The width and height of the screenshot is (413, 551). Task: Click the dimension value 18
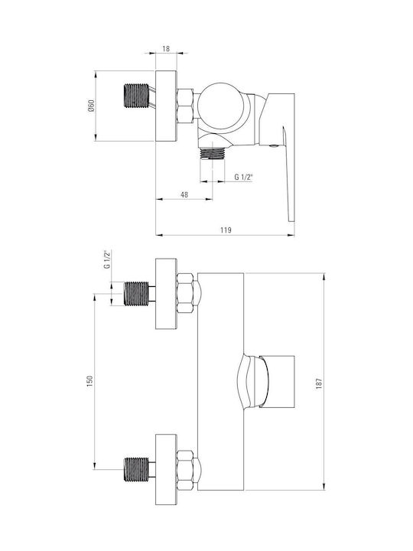click(166, 48)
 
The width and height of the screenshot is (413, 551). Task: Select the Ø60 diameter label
click(91, 106)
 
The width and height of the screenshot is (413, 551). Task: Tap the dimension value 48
click(184, 194)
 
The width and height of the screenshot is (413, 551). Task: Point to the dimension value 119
click(226, 230)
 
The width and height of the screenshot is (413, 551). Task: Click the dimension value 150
click(89, 381)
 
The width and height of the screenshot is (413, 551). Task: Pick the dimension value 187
click(319, 383)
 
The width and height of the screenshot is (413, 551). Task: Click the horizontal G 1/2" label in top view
click(244, 177)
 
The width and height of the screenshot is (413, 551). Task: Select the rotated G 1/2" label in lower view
click(107, 259)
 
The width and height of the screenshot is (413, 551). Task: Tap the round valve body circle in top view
click(221, 106)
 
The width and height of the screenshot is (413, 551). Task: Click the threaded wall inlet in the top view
click(138, 95)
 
